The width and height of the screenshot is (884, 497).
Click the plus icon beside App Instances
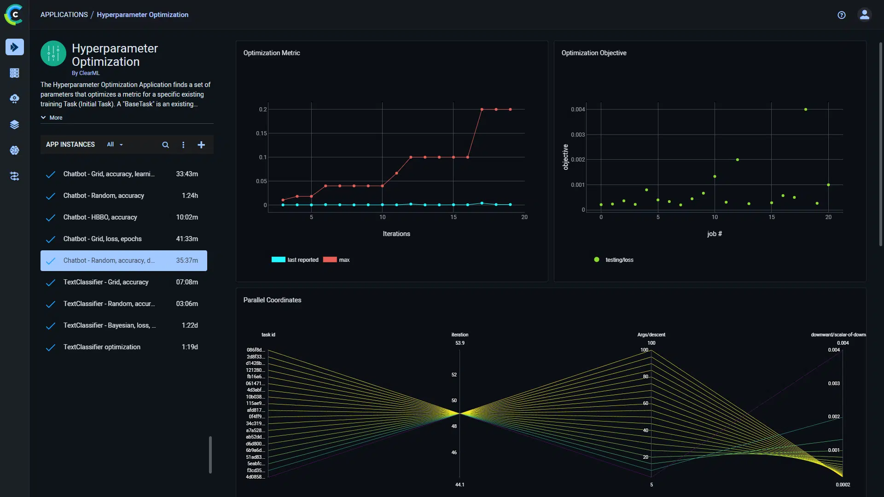(x=201, y=145)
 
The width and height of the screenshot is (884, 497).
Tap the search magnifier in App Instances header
(x=165, y=145)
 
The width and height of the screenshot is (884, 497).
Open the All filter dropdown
(x=115, y=144)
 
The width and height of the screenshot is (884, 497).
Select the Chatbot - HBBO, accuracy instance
(x=100, y=217)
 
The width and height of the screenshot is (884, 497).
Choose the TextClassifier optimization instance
(x=102, y=347)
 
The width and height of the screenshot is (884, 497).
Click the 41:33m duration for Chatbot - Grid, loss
(x=186, y=239)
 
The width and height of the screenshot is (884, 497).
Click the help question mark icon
(x=841, y=15)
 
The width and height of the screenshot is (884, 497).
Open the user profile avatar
(x=864, y=15)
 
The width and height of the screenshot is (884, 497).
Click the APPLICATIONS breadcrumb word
(x=64, y=15)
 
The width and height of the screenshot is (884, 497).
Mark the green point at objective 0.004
(x=805, y=110)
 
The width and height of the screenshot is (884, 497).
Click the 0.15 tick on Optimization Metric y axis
(x=261, y=133)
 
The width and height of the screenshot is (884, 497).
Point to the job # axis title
(x=714, y=234)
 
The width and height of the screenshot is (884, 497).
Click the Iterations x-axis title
(x=396, y=234)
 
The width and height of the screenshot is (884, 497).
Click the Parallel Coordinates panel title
(x=272, y=300)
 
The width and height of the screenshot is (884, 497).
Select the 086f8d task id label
(x=255, y=350)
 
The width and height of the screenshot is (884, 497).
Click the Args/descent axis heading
(x=651, y=335)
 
